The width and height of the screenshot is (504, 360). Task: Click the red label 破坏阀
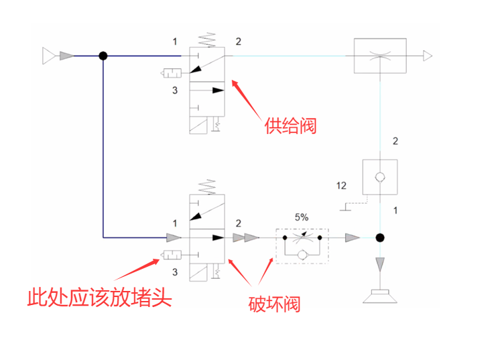(x=273, y=304)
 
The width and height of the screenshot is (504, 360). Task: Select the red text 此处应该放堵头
(x=99, y=296)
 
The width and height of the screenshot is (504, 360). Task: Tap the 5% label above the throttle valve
(x=302, y=217)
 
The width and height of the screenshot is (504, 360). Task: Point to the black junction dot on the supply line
(x=103, y=56)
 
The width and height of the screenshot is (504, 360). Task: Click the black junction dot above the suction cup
(x=380, y=237)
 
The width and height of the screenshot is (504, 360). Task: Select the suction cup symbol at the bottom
(x=380, y=294)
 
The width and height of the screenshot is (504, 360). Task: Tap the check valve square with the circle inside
(x=380, y=177)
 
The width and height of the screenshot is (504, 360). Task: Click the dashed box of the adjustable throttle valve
(x=302, y=245)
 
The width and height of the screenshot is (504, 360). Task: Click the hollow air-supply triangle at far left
(x=49, y=56)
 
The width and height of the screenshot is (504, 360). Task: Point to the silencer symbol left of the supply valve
(x=172, y=73)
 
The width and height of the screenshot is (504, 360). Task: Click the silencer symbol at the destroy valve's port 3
(x=172, y=255)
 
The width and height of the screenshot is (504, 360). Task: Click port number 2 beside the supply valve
(x=238, y=42)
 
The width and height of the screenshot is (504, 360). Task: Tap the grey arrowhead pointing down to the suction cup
(x=380, y=264)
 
